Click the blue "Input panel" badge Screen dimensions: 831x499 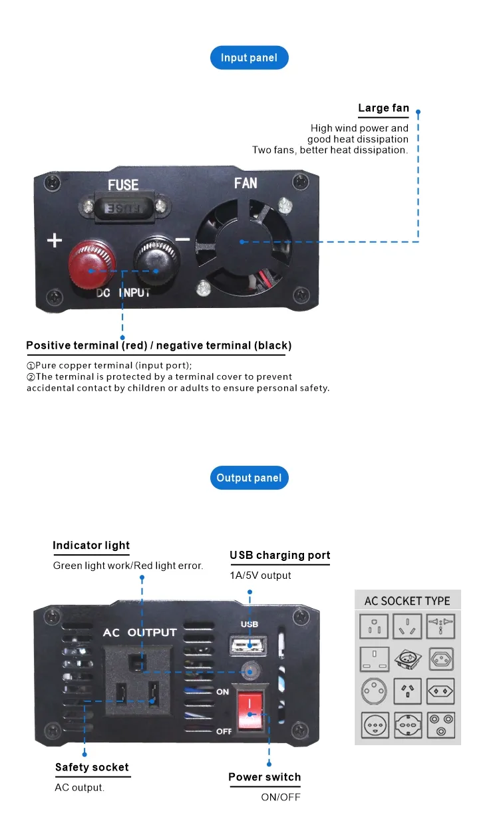click(x=249, y=58)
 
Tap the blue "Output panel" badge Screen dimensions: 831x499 click(x=249, y=478)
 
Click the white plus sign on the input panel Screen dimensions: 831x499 click(x=55, y=240)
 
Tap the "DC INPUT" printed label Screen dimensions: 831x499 click(x=123, y=293)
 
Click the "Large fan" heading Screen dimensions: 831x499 click(x=383, y=108)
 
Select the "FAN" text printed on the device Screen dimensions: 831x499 click(x=246, y=183)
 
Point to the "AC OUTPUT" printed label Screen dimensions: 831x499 click(x=140, y=632)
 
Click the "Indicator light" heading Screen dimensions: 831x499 click(x=91, y=546)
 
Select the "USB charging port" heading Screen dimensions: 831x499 click(x=279, y=556)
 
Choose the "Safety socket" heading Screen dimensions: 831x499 click(x=92, y=767)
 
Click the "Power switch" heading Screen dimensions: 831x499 click(x=264, y=777)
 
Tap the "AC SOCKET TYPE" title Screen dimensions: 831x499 click(x=407, y=601)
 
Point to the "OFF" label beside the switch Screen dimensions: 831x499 click(x=224, y=731)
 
